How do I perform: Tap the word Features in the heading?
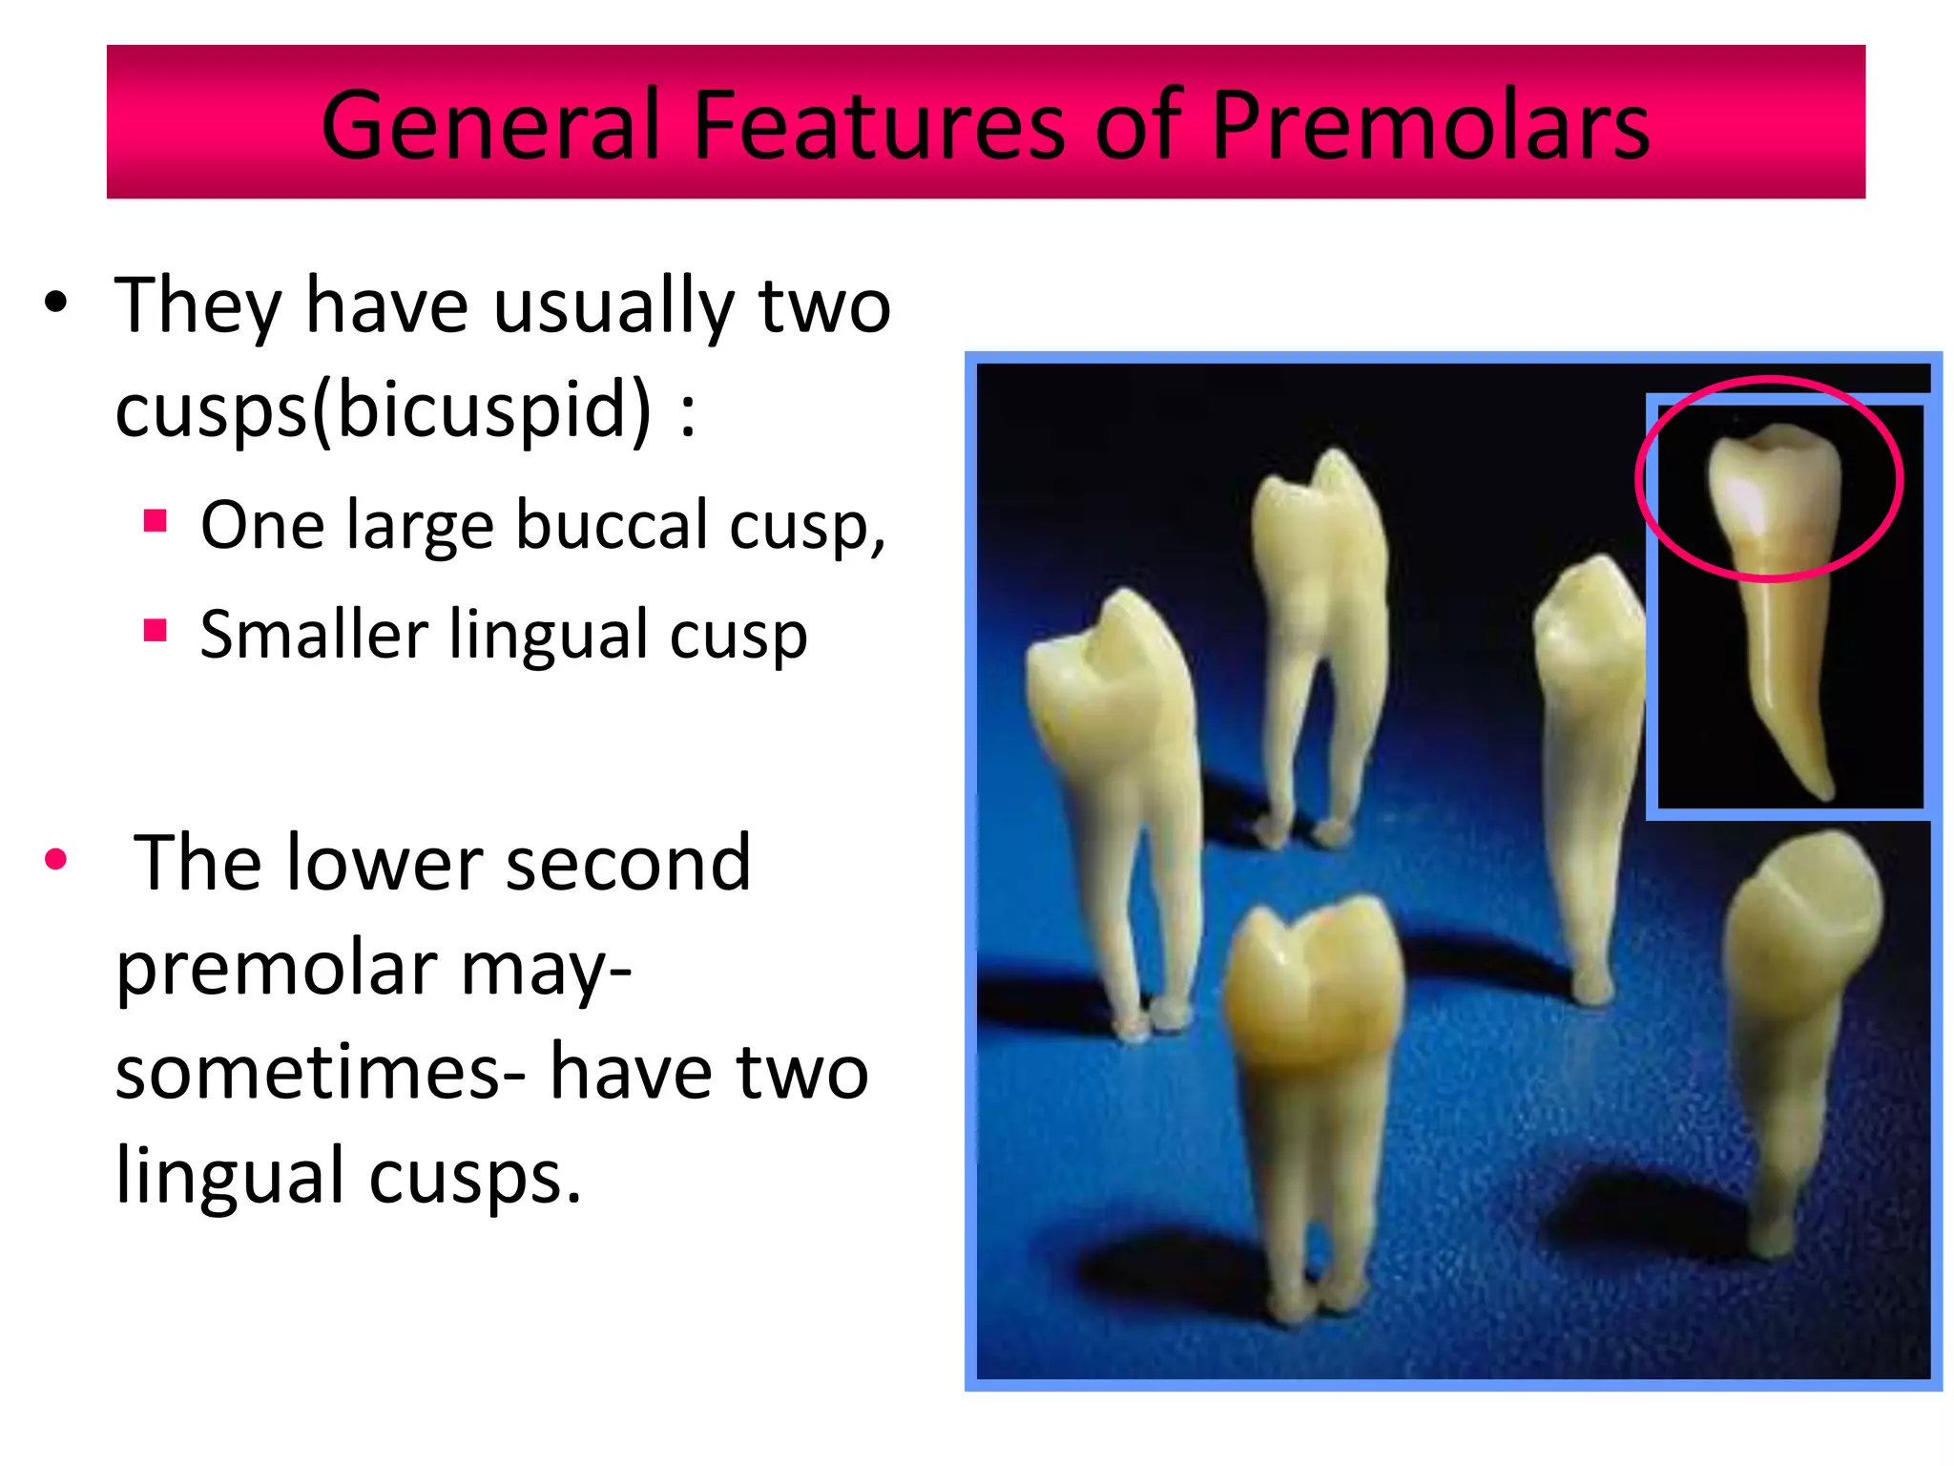click(878, 126)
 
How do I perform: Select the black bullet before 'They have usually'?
click(56, 303)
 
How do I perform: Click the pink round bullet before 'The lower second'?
click(56, 859)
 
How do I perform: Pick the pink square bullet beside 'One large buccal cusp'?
click(156, 522)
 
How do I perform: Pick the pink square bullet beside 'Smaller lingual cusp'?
click(156, 631)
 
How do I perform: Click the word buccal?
click(612, 525)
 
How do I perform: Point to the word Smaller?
click(314, 635)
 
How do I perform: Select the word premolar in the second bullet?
click(277, 969)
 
